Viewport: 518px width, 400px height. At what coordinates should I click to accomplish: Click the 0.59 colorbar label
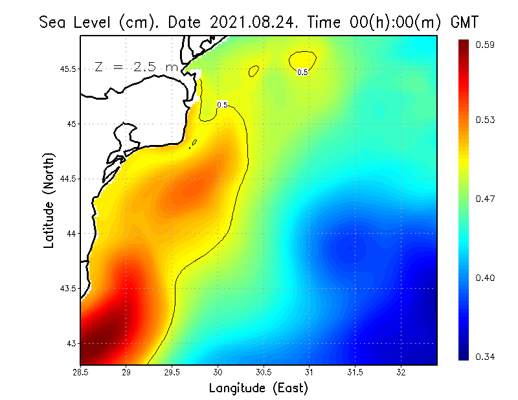click(x=485, y=45)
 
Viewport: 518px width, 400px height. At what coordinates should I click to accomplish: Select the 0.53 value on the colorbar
click(x=485, y=120)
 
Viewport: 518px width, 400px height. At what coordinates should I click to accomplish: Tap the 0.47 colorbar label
click(x=485, y=199)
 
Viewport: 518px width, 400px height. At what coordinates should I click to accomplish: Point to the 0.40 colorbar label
click(x=485, y=278)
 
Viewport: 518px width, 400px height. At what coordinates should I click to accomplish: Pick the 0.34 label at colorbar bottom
click(x=485, y=357)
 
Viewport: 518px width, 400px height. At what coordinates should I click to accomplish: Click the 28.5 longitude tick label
click(x=80, y=373)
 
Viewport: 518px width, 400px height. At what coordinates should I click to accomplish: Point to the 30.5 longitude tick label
click(x=264, y=373)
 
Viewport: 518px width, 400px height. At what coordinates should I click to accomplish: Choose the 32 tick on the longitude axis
click(x=401, y=373)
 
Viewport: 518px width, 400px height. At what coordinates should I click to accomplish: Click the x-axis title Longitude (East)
click(x=258, y=388)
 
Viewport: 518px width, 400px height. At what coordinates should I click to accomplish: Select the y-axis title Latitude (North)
click(x=49, y=200)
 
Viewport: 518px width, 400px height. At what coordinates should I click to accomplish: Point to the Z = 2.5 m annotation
click(x=136, y=67)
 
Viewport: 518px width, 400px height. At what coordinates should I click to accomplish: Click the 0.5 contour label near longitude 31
click(x=302, y=72)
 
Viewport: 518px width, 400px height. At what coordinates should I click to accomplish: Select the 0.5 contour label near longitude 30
click(x=222, y=104)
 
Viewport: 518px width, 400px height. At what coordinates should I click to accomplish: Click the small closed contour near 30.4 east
click(x=254, y=70)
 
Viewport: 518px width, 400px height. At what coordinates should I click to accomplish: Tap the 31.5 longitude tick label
click(x=355, y=373)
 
